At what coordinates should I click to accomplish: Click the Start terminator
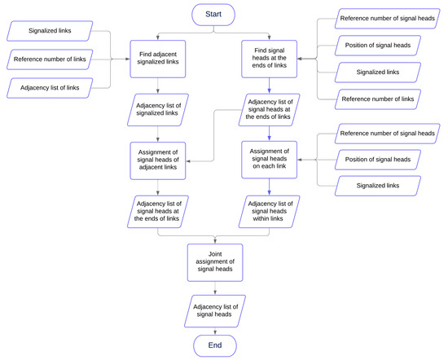pos(213,14)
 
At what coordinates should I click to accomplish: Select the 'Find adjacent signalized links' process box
pos(160,59)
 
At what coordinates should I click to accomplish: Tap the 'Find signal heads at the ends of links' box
pos(269,59)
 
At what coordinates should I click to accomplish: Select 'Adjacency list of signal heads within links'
pos(269,211)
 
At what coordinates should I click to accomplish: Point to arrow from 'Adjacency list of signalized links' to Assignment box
pos(160,131)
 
